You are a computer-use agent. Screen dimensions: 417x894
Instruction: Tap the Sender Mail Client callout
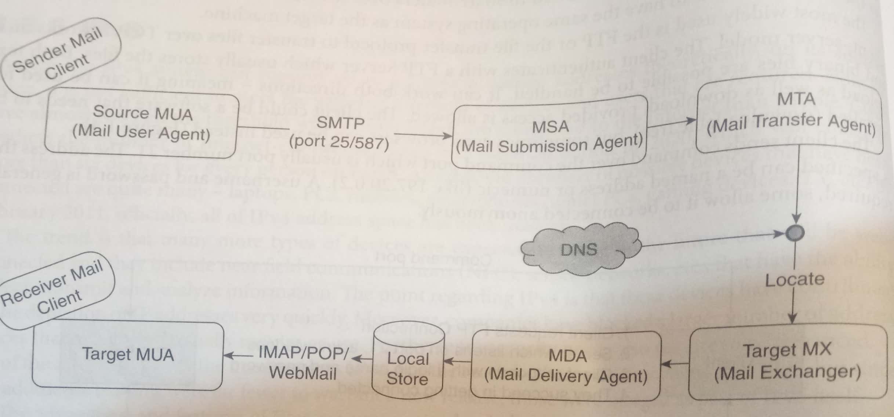pyautogui.click(x=59, y=55)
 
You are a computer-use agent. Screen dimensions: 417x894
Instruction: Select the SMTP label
pyautogui.click(x=340, y=123)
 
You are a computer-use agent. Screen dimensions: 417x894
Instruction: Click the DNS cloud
pyautogui.click(x=579, y=249)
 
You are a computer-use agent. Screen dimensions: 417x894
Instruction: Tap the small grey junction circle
pyautogui.click(x=795, y=233)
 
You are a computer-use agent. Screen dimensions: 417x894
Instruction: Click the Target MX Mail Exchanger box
pyautogui.click(x=788, y=362)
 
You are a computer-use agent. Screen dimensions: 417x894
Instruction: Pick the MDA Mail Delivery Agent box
pyautogui.click(x=566, y=366)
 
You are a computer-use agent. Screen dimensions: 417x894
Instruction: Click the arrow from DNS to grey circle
pyautogui.click(x=712, y=239)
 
